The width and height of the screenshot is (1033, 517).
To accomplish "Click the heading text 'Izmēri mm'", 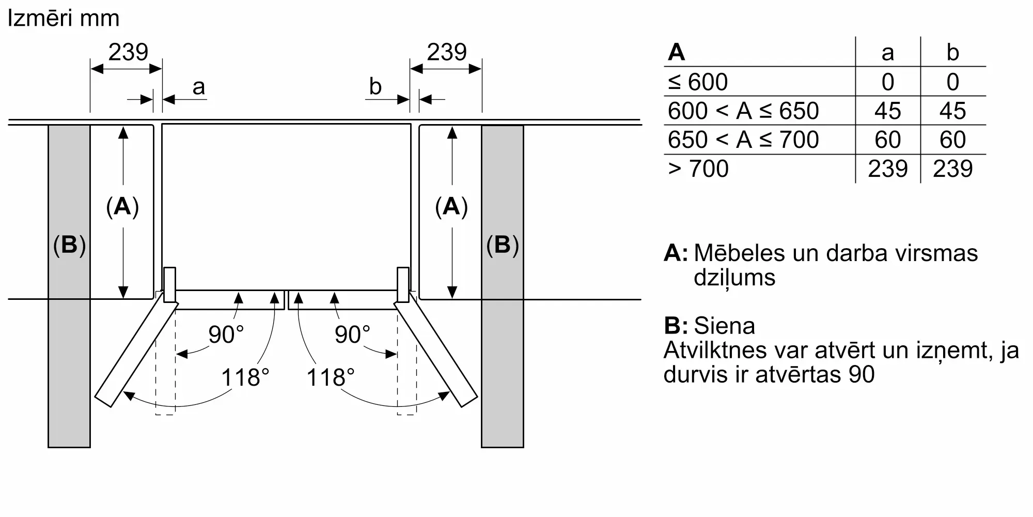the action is point(64,19).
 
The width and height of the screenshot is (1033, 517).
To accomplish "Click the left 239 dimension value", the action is point(128,52).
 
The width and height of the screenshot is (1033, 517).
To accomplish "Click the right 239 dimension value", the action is point(447,52).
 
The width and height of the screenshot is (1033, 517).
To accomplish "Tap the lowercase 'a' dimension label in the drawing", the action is point(198,87).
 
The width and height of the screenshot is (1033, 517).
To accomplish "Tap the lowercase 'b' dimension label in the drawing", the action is point(375,86).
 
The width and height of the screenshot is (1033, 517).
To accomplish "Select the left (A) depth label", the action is point(122,206).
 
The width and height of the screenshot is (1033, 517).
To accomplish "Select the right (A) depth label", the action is point(451,206).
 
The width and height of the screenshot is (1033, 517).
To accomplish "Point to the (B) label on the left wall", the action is point(69,245).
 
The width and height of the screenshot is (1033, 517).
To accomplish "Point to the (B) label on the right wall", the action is point(503,245).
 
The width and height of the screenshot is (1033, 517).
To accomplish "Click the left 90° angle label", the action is point(226,334).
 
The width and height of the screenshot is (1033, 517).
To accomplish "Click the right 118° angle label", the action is point(331,377).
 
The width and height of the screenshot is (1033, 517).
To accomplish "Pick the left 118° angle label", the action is point(245,377).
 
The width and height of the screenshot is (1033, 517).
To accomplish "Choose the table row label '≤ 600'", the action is point(698,82).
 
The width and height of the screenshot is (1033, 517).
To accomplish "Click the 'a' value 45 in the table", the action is point(887,111).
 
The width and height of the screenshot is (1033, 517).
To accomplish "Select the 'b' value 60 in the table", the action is point(952,140).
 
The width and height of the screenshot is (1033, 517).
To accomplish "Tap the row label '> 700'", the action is point(698,169).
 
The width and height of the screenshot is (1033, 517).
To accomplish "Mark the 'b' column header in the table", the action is point(953,52).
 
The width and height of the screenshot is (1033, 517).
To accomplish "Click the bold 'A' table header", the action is point(677,52).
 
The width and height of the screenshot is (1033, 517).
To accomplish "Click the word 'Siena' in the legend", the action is point(724,326).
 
